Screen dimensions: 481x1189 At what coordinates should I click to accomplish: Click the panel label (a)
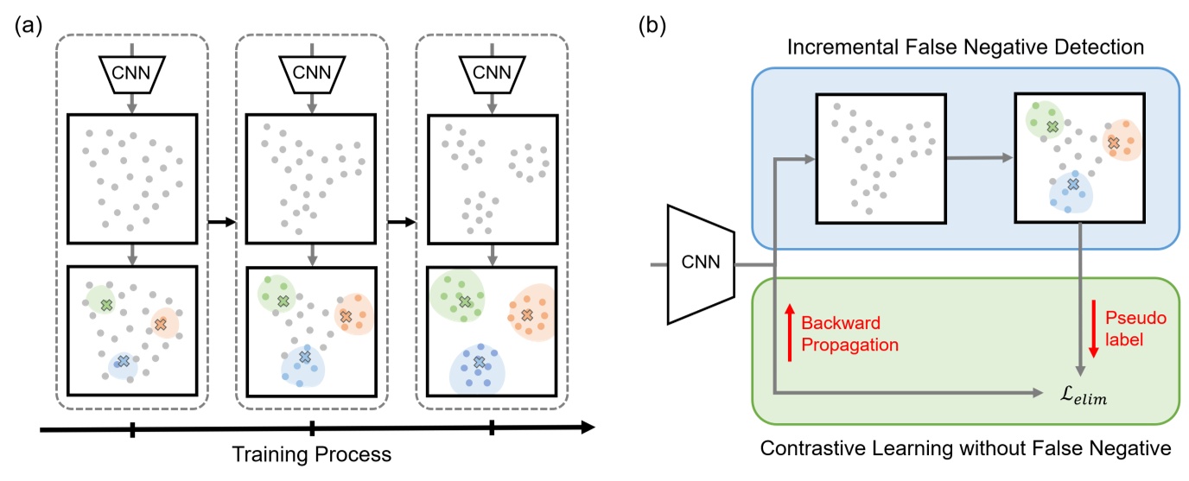click(29, 25)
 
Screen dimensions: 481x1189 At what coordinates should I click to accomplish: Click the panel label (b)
click(652, 25)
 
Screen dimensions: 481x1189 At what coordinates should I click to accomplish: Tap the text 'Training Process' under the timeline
click(312, 454)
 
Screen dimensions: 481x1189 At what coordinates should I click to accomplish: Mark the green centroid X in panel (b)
click(1052, 126)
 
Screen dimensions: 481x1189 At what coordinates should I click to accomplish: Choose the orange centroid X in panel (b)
click(1114, 142)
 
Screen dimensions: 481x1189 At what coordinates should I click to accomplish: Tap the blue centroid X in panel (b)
click(1072, 184)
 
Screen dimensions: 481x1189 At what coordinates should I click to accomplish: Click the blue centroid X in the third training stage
click(479, 363)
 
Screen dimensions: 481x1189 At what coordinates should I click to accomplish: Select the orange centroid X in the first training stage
click(160, 323)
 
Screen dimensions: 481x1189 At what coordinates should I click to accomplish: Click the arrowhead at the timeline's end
click(588, 427)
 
